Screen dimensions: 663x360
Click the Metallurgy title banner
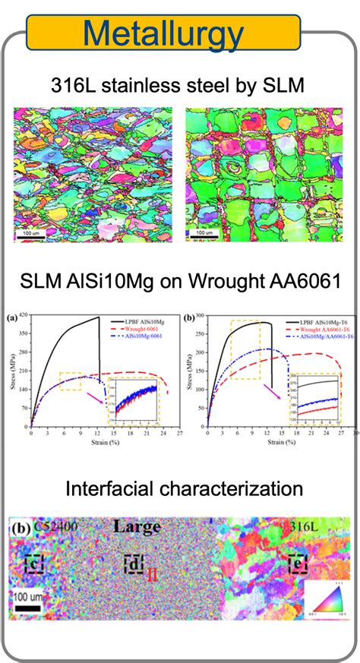[164, 33]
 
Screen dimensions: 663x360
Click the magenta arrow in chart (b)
[272, 390]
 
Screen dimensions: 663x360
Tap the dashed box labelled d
[134, 563]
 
